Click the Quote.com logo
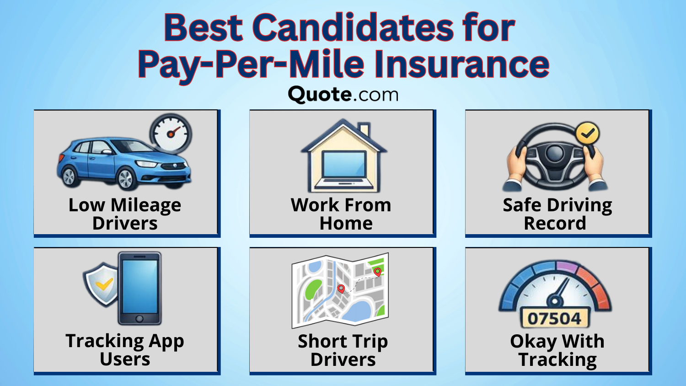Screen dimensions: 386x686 (x=343, y=94)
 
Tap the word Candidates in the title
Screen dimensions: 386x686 (x=354, y=28)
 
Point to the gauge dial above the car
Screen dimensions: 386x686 (x=171, y=134)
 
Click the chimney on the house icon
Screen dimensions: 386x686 (x=364, y=130)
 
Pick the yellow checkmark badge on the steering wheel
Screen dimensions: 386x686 (x=587, y=134)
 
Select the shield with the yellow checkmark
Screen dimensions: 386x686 (x=102, y=284)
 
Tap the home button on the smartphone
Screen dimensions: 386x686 (x=139, y=319)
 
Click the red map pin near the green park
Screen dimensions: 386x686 (x=377, y=272)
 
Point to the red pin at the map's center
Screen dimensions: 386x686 (x=341, y=289)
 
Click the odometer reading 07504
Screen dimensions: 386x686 (x=555, y=318)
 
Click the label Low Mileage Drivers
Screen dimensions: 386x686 (x=125, y=214)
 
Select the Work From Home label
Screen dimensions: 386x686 (x=342, y=214)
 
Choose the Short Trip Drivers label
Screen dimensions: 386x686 (x=343, y=350)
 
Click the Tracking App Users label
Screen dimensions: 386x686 (x=125, y=350)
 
